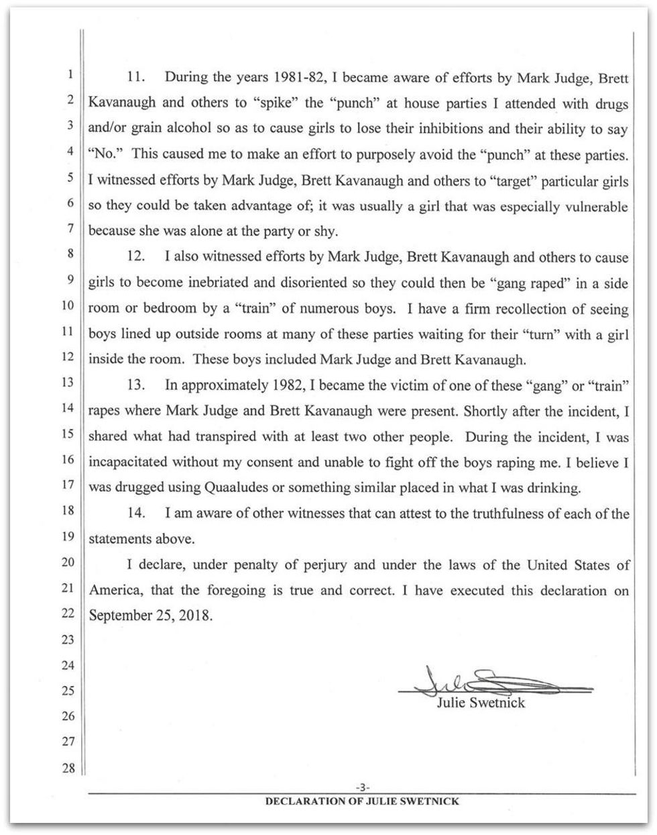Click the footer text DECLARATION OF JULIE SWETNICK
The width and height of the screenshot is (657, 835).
[x=363, y=801]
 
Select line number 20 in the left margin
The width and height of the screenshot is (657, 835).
[x=68, y=562]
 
